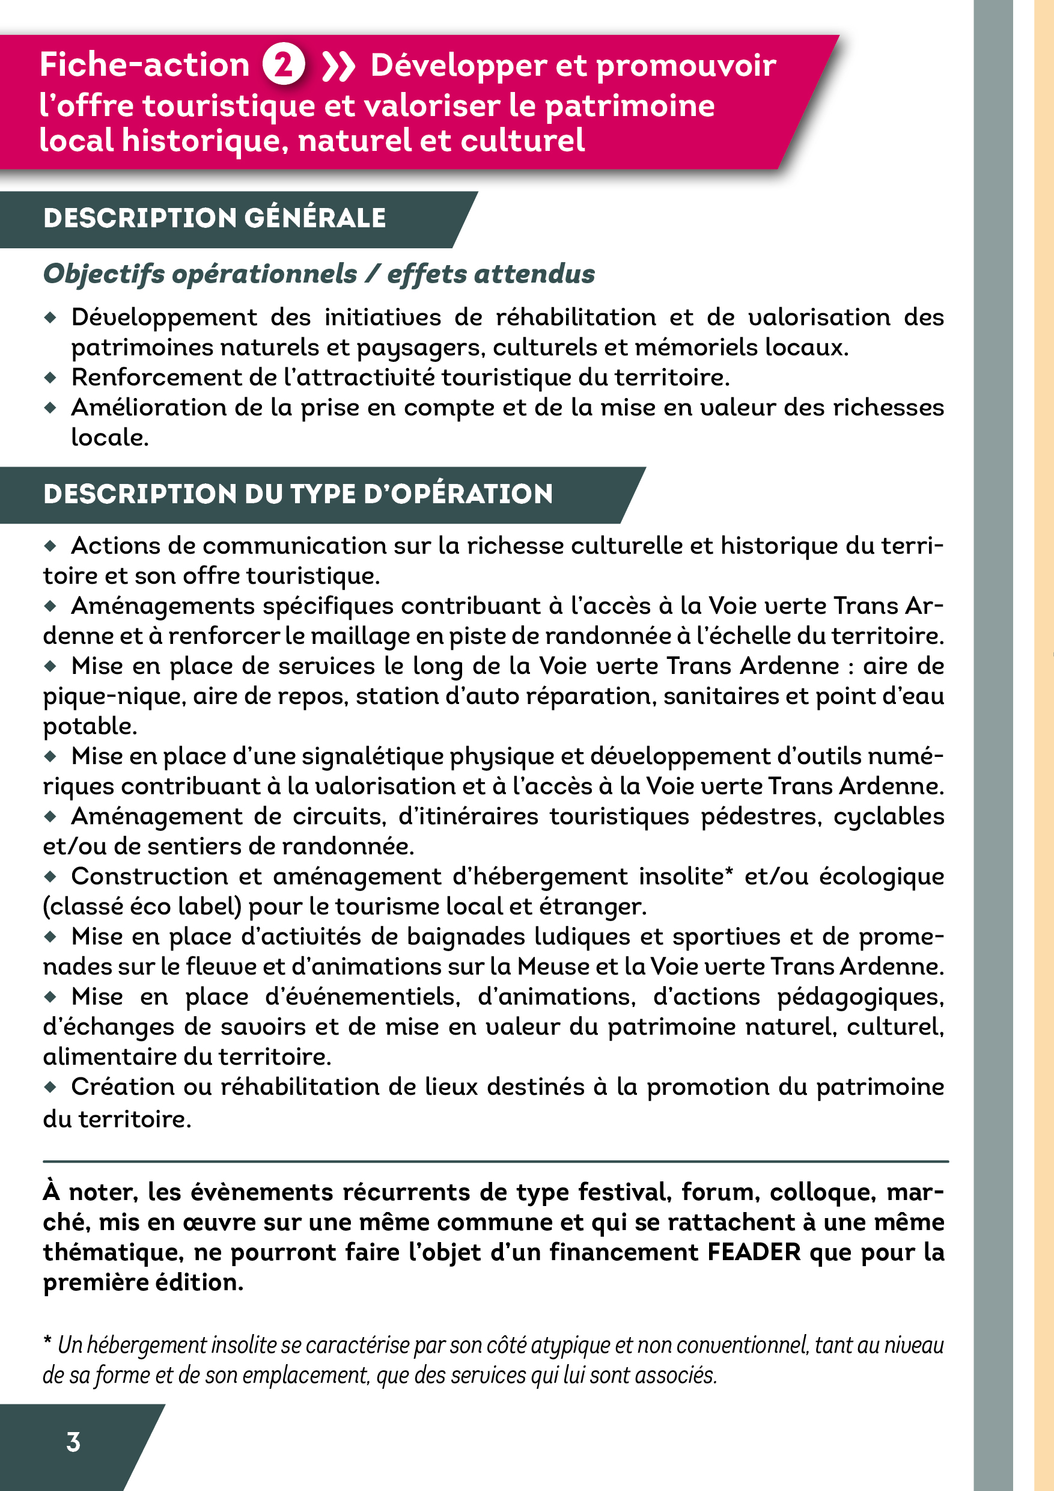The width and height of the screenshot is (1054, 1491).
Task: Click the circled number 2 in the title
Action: click(284, 65)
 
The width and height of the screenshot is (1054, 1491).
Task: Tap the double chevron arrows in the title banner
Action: click(339, 66)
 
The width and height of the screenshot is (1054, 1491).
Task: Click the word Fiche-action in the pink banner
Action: click(145, 65)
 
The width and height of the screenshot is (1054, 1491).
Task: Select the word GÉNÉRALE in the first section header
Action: click(315, 218)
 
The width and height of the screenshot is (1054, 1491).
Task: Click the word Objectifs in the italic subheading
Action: click(103, 275)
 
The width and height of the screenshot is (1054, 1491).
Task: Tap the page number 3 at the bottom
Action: click(73, 1442)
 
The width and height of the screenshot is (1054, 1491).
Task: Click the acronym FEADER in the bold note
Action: click(754, 1252)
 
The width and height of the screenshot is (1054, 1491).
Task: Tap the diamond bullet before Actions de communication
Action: click(50, 546)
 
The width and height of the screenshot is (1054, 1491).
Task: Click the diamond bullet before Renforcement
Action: click(50, 378)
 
